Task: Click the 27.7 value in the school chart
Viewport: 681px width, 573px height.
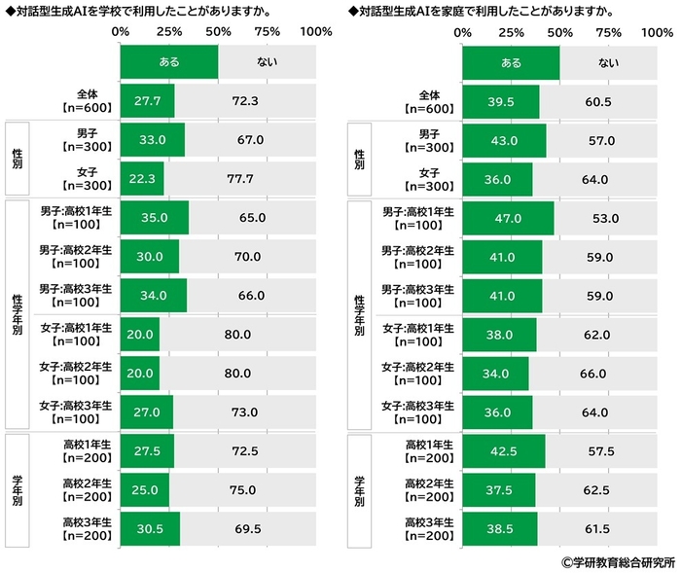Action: click(148, 101)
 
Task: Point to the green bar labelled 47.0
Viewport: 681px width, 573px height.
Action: click(508, 218)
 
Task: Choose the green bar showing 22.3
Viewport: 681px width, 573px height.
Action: click(143, 179)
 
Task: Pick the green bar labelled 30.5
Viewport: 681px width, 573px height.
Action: click(151, 529)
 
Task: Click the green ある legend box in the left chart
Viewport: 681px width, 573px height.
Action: click(169, 62)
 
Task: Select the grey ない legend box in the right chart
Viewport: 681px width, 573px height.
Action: click(608, 62)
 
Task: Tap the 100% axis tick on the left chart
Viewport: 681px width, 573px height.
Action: click(316, 32)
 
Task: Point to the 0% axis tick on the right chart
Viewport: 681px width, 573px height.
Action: click(463, 32)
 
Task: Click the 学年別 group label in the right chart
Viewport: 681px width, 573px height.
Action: click(361, 490)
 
